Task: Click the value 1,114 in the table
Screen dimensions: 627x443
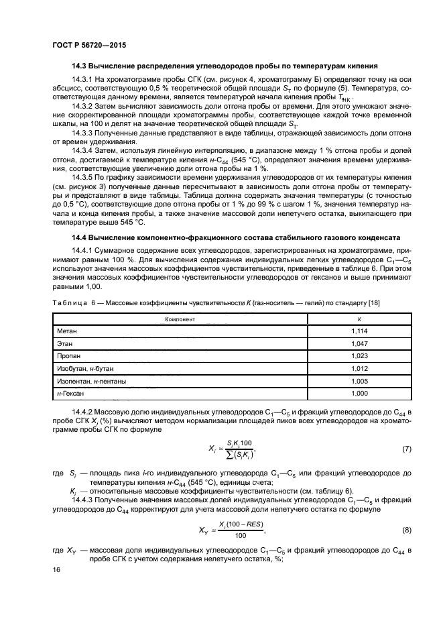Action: pyautogui.click(x=360, y=331)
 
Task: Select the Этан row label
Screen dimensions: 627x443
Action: pyautogui.click(x=65, y=343)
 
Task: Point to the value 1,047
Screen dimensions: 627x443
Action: pyautogui.click(x=360, y=343)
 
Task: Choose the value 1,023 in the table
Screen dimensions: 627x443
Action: pyautogui.click(x=360, y=356)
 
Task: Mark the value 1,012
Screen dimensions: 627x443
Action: pyautogui.click(x=360, y=368)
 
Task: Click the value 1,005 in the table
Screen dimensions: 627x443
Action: pyautogui.click(x=360, y=381)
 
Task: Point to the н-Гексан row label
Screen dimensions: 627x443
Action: pyautogui.click(x=70, y=393)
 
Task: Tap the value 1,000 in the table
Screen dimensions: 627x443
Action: pyautogui.click(x=360, y=393)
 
